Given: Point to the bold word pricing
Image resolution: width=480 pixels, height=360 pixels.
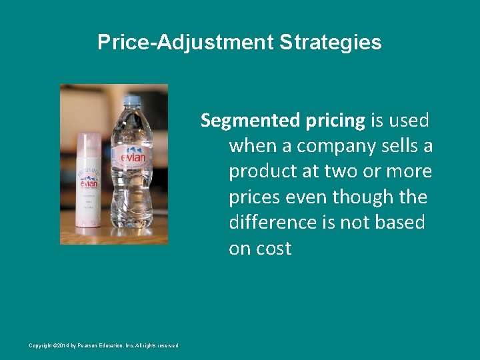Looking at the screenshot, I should tap(333, 120).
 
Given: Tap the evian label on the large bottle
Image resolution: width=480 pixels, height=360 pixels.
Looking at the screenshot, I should tap(131, 157).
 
